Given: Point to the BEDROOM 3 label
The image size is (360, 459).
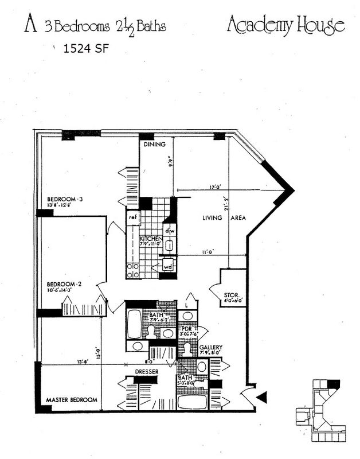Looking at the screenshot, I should [66, 200].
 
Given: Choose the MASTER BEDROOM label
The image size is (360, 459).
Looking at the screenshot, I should [71, 399].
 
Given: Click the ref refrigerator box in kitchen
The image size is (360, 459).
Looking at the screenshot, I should [132, 217].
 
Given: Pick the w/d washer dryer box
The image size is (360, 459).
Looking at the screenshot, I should [168, 266].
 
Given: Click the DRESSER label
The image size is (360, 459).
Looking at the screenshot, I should [146, 371].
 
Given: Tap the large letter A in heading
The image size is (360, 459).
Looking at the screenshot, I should [29, 25].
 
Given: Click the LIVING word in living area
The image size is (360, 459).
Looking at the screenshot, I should [213, 218].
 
